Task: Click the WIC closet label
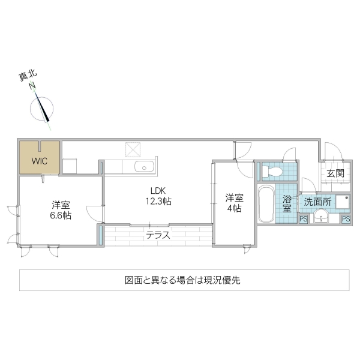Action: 39,161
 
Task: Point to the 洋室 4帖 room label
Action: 234,203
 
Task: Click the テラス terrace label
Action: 158,235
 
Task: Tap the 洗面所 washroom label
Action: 316,202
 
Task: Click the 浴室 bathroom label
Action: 287,203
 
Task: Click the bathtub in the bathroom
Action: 266,203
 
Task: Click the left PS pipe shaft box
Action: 303,219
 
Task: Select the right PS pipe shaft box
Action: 346,219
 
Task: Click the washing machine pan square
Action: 343,202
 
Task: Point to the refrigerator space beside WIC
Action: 70,166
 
